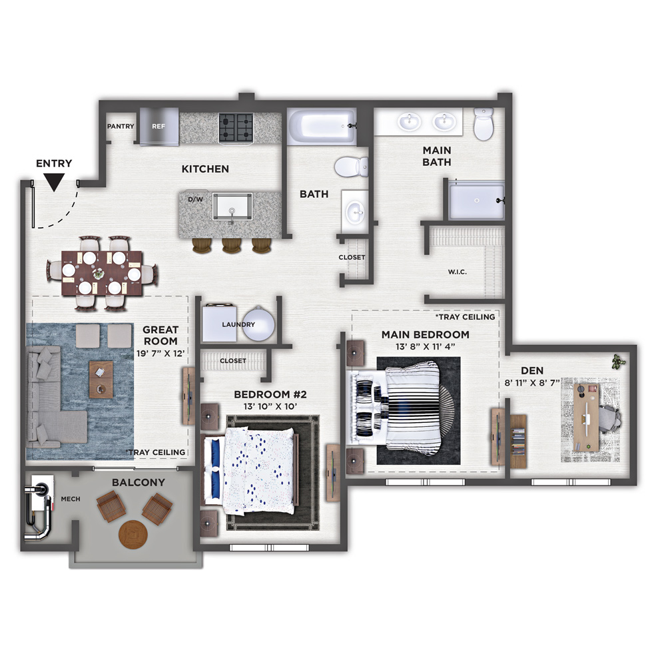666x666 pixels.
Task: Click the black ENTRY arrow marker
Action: [x=55, y=182]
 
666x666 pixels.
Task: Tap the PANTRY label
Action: [x=121, y=126]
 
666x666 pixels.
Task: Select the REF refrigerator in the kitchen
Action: [x=159, y=126]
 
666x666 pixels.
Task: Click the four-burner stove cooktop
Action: [x=236, y=127]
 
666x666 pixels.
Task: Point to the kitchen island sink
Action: [x=232, y=207]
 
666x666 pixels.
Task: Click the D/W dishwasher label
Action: [x=195, y=198]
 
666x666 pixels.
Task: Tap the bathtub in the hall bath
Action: [x=322, y=127]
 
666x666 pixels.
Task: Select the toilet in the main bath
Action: [x=484, y=124]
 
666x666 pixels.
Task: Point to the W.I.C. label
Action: [x=458, y=272]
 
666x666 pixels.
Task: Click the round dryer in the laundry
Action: [x=258, y=324]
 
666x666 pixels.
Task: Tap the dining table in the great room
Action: [x=102, y=272]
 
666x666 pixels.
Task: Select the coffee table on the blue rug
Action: [x=101, y=380]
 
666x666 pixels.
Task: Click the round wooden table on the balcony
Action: [x=133, y=534]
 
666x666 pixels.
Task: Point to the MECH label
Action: [x=71, y=499]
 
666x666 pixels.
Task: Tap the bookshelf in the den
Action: [x=518, y=442]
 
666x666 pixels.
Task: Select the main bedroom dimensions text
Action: [x=425, y=346]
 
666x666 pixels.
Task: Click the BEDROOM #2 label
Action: [x=270, y=394]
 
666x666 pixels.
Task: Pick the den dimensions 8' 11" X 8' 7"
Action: [x=532, y=383]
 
